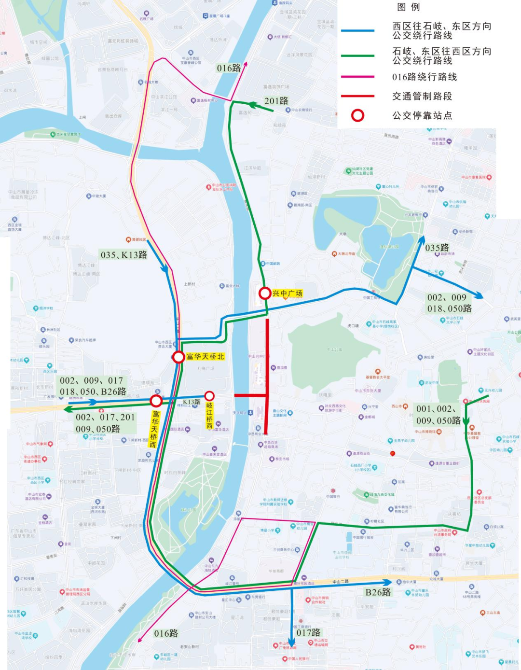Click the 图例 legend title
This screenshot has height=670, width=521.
tap(408, 7)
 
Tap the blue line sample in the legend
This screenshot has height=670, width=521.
tap(357, 31)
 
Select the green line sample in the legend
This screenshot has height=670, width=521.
tap(357, 56)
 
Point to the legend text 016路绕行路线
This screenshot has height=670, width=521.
tap(425, 77)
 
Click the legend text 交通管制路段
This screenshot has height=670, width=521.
tap(422, 97)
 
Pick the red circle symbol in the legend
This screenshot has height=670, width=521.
tap(357, 115)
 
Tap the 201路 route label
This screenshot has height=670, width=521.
tap(276, 101)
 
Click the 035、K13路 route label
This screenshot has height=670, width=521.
tap(124, 255)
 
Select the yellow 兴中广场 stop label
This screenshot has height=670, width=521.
tap(288, 293)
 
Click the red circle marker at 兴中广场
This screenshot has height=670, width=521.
tap(264, 293)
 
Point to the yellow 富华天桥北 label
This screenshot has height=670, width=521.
tap(206, 357)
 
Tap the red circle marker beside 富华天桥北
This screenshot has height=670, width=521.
tap(178, 357)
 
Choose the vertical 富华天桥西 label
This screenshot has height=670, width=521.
tap(154, 429)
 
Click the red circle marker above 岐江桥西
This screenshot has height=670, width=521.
tap(209, 396)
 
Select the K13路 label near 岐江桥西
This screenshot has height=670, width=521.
tap(192, 402)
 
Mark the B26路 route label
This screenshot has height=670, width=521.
tap(378, 592)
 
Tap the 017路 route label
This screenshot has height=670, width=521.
tap(308, 632)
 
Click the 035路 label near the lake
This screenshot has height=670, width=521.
tap(437, 248)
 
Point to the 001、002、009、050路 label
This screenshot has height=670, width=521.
tap(438, 415)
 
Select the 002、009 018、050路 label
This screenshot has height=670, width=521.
tap(449, 303)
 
